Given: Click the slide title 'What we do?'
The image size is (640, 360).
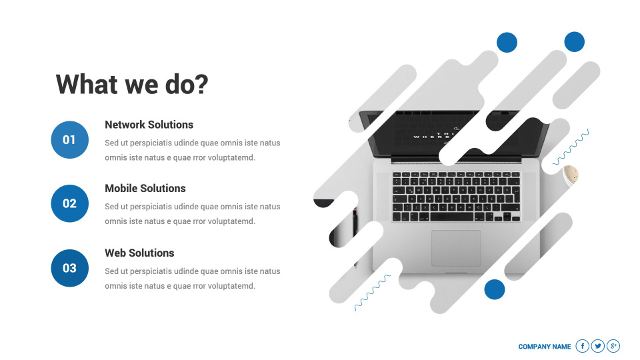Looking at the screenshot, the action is pyautogui.click(x=132, y=85).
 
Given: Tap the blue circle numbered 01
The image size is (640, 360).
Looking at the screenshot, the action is pyautogui.click(x=70, y=139).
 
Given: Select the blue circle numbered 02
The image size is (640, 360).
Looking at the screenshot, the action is pyautogui.click(x=70, y=203).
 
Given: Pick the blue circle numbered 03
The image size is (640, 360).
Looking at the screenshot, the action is pyautogui.click(x=70, y=268).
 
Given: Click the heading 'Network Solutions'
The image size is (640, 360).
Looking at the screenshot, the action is pyautogui.click(x=149, y=125).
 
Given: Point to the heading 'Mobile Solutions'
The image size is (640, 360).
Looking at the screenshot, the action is pyautogui.click(x=145, y=188).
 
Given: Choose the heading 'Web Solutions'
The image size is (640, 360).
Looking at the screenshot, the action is pyautogui.click(x=139, y=253).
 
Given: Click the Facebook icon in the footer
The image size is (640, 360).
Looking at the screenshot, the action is pyautogui.click(x=583, y=346).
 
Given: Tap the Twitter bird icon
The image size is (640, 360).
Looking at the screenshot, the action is pyautogui.click(x=598, y=346).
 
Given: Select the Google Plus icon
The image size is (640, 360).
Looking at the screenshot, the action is pyautogui.click(x=613, y=346).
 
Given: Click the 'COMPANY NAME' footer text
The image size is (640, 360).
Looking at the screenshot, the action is pyautogui.click(x=545, y=347).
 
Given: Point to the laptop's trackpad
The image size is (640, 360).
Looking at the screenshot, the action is pyautogui.click(x=456, y=248).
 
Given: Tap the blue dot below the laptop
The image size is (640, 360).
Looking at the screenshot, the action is pyautogui.click(x=495, y=289).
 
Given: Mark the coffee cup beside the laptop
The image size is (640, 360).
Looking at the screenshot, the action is pyautogui.click(x=571, y=175).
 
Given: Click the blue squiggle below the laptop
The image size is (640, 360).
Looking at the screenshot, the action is pyautogui.click(x=372, y=293).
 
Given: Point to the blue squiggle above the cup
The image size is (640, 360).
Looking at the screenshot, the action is pyautogui.click(x=571, y=147).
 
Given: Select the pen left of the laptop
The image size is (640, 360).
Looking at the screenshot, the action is pyautogui.click(x=355, y=229).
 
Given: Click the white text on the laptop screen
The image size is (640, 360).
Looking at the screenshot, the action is pyautogui.click(x=433, y=135).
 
